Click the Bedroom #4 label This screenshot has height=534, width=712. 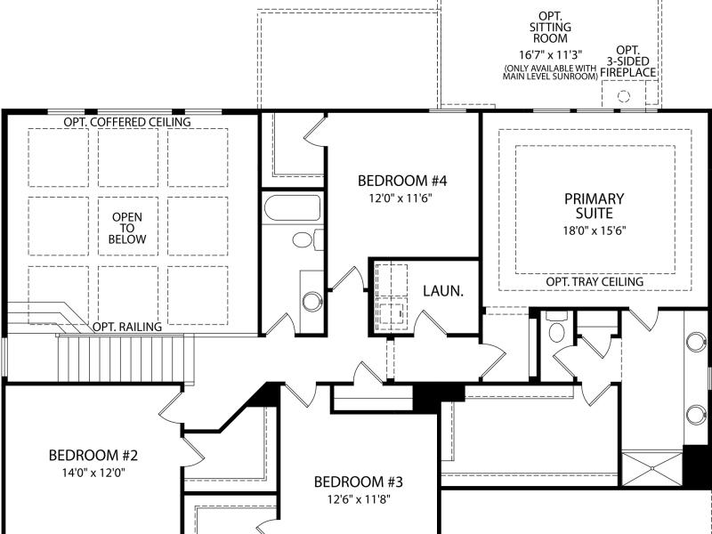402,181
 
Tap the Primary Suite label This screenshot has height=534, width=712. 594,206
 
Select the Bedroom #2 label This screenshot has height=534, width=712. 93,455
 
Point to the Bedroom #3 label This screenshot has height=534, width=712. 359,481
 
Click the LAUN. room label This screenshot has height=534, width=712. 443,291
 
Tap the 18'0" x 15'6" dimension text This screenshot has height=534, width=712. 595,231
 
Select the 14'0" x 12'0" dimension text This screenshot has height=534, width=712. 93,473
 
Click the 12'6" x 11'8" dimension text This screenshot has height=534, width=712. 359,499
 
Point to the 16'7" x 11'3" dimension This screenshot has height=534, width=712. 550,55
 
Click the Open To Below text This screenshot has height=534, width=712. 127,229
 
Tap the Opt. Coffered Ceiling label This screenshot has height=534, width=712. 127,122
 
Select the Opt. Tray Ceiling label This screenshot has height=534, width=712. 595,281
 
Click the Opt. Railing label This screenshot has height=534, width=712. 127,327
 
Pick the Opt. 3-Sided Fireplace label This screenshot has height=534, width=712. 628,61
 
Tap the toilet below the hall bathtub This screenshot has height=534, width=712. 308,239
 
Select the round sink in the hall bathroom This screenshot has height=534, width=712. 312,302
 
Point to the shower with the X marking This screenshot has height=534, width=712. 652,469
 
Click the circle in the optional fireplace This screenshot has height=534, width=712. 624,96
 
